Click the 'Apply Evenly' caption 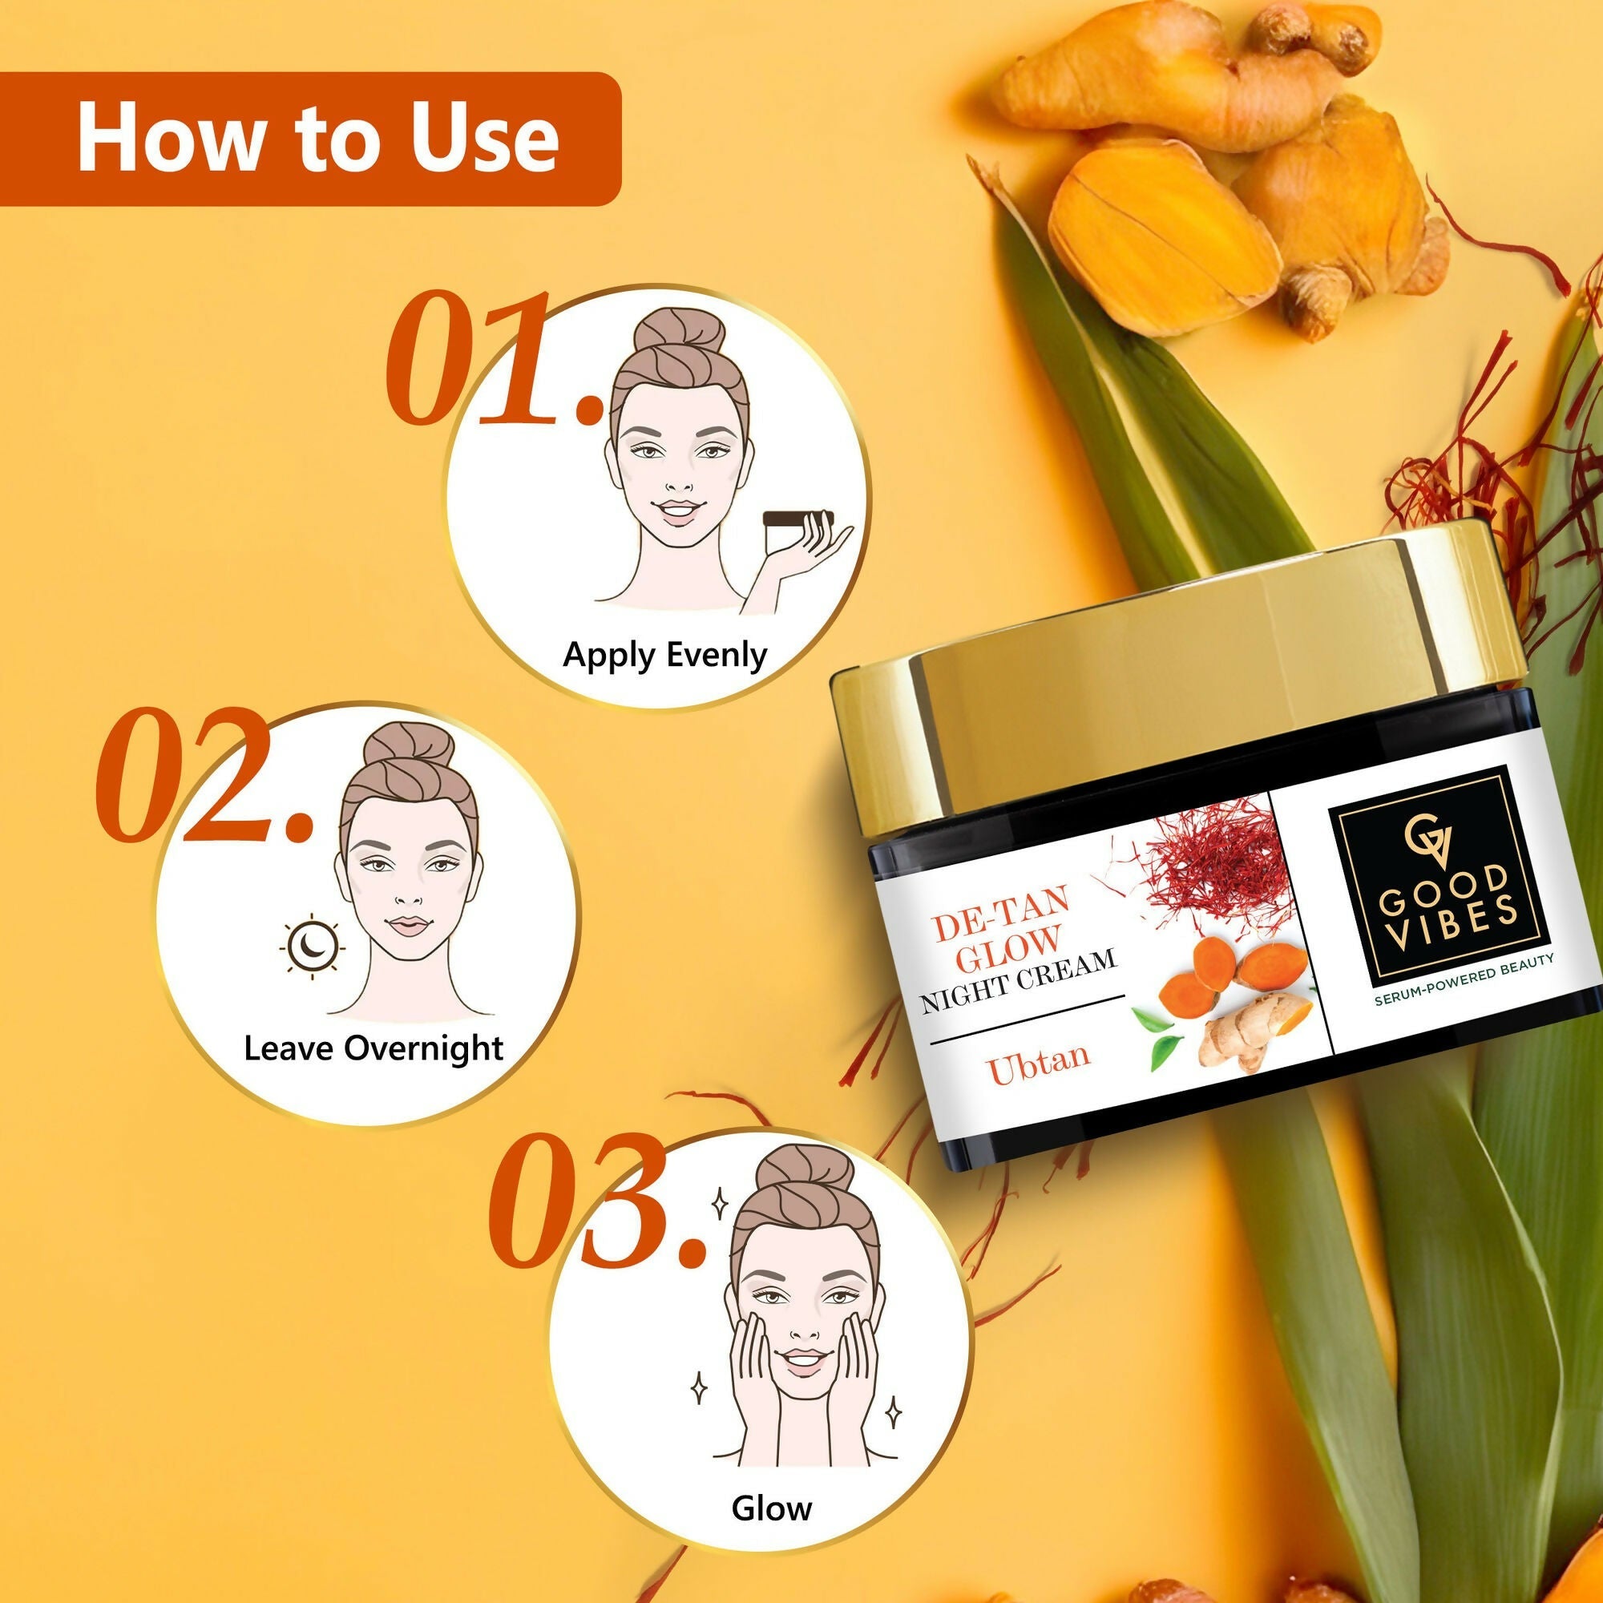665,656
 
